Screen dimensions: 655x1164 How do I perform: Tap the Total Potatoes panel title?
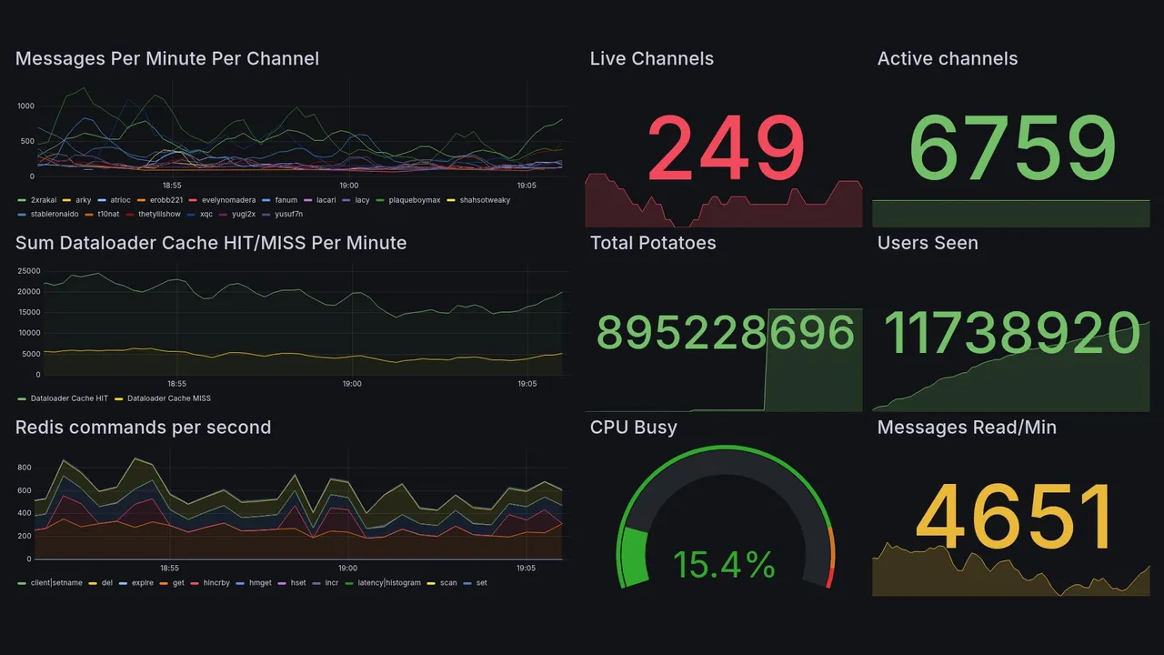(652, 243)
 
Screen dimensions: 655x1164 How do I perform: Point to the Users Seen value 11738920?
(1011, 333)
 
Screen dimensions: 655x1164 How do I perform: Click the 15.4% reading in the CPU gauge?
(724, 565)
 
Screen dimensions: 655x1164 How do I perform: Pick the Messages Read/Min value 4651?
(1013, 518)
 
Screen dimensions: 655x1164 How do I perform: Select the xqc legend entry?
(206, 215)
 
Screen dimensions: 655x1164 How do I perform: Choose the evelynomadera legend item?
(228, 200)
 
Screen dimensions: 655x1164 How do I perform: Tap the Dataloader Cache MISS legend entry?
(168, 398)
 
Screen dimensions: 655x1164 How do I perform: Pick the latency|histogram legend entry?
(388, 582)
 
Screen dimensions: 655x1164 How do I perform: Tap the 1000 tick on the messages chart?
(25, 106)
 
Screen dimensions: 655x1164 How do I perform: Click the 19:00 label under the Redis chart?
(348, 568)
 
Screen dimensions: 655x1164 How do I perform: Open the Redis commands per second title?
(143, 428)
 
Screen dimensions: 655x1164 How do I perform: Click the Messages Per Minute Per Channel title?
(166, 59)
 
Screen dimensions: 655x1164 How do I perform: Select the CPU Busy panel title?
(633, 428)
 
